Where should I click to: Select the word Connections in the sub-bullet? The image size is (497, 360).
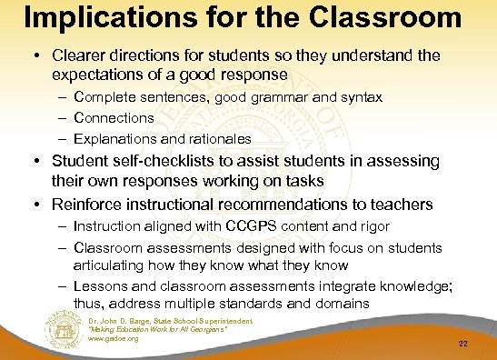[x=114, y=118]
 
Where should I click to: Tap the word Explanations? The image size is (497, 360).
[x=118, y=137]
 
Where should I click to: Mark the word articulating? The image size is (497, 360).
[x=110, y=265]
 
